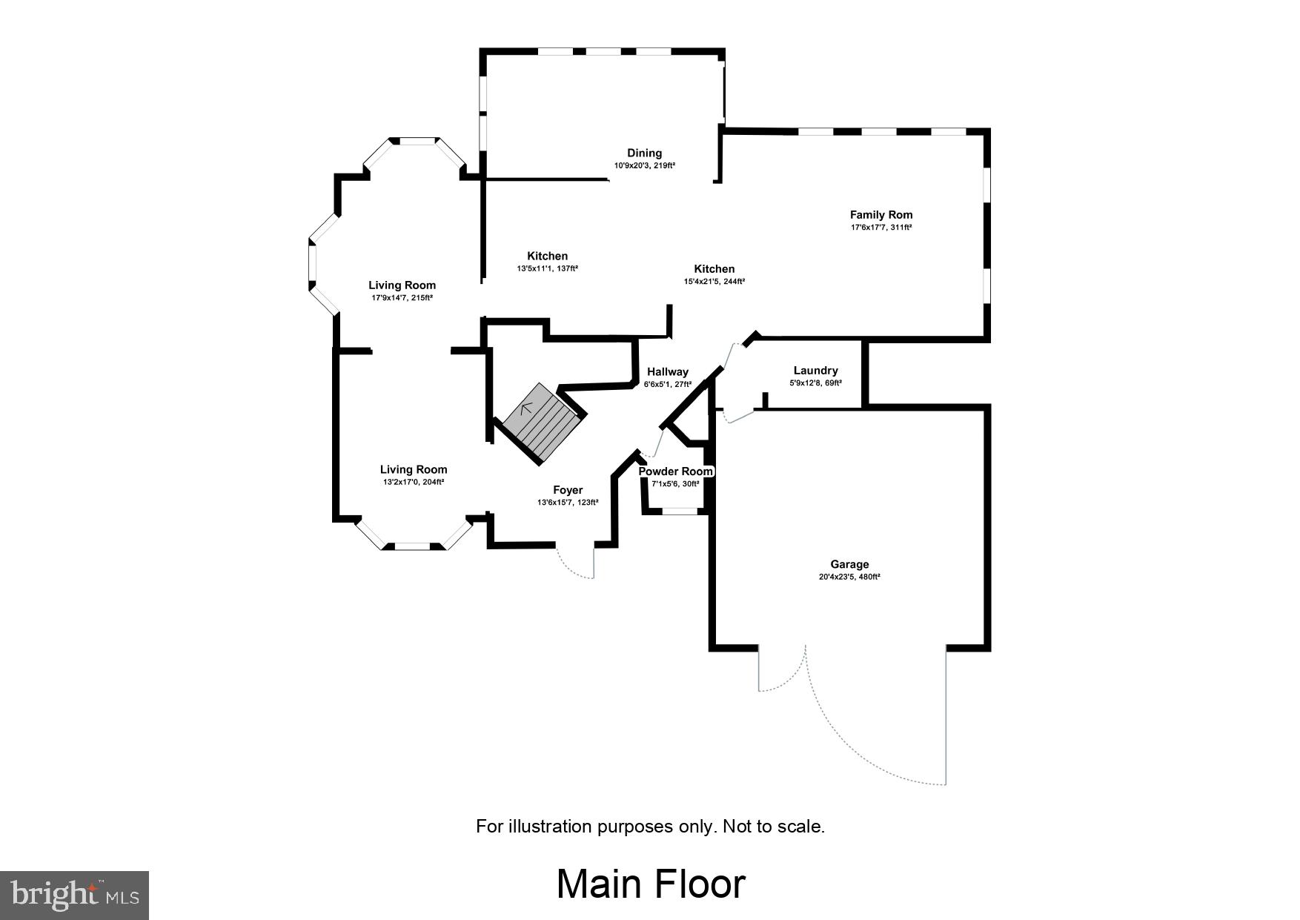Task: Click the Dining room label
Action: tap(643, 153)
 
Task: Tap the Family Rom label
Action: tap(881, 215)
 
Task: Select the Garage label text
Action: tap(849, 564)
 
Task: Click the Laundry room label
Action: tap(815, 371)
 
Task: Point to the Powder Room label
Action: tap(675, 471)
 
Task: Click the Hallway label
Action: tap(667, 372)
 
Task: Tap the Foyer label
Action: tap(567, 490)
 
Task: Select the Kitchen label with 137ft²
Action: tap(547, 257)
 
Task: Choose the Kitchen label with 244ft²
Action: tap(714, 269)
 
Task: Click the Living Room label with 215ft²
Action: tap(402, 285)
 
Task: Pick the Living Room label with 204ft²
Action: tap(413, 470)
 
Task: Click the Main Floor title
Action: tap(650, 884)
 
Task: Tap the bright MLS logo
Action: tap(74, 895)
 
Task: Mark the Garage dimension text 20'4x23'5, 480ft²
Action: tap(849, 577)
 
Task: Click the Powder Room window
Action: tap(680, 510)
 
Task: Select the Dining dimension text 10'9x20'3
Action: tap(643, 166)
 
